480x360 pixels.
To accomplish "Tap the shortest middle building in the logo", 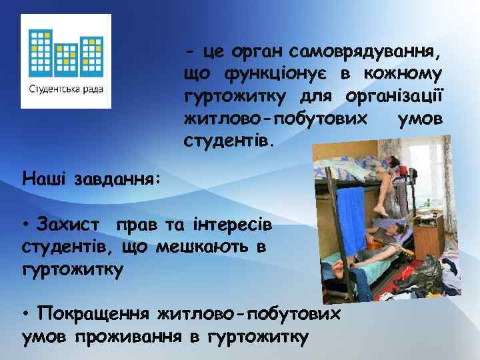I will pyautogui.click(x=67, y=60).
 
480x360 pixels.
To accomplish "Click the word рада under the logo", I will pyautogui.click(x=91, y=89).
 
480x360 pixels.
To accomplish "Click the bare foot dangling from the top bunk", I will pyautogui.click(x=381, y=210).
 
